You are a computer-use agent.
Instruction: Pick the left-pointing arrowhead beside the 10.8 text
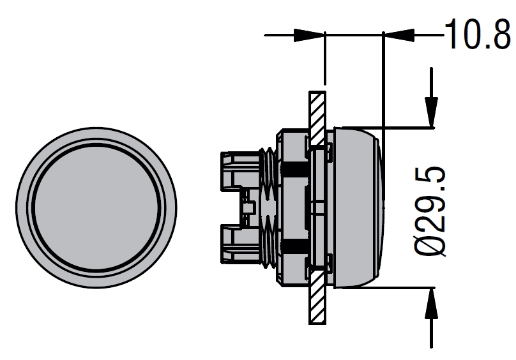point(399,35)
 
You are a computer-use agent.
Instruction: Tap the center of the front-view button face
point(96,207)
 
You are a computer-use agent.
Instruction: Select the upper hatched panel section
point(317,118)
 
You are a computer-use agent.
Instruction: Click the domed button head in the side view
point(358,207)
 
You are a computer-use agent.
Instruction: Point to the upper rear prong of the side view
point(239,171)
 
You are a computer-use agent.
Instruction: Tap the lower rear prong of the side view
point(239,244)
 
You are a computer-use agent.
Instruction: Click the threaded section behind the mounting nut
point(268,207)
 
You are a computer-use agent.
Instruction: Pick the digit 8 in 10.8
point(499,34)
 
